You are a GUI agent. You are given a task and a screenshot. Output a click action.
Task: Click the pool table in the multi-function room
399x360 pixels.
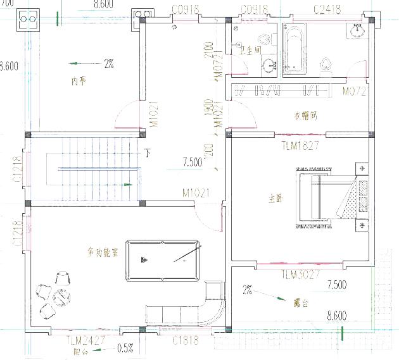pos(162,260)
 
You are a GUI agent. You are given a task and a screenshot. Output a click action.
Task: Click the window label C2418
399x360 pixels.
pos(327,9)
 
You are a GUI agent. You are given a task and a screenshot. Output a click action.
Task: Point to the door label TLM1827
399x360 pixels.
pos(300,146)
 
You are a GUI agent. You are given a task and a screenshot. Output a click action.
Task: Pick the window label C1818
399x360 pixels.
pos(186,340)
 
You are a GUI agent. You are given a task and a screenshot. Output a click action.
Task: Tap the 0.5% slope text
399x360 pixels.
pos(125,347)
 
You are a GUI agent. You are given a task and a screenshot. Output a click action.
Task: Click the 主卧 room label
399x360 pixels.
pos(275,199)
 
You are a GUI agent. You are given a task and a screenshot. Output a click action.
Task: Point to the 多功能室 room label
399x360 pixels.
pos(103,253)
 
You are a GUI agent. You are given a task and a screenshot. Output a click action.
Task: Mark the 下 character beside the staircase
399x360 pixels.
pos(148,152)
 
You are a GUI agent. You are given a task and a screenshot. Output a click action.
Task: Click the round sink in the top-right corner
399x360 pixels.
pos(358,29)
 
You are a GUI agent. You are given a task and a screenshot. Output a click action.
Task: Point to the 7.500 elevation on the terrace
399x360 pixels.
pos(336,286)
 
